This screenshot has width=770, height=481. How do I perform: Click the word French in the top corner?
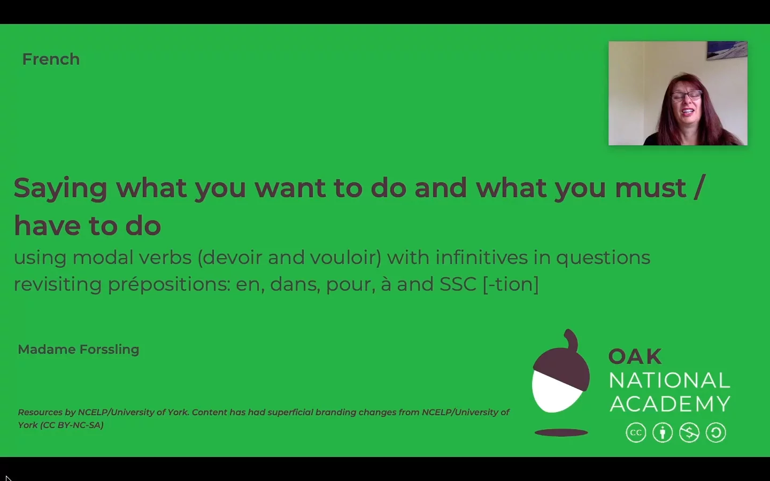[x=51, y=59]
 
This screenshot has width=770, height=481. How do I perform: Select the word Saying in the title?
[x=60, y=189]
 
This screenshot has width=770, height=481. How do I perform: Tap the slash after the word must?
[x=699, y=188]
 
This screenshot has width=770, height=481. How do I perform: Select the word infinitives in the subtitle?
[x=482, y=258]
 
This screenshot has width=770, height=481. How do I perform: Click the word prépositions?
[x=168, y=284]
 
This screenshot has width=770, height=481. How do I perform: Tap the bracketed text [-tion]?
[x=511, y=284]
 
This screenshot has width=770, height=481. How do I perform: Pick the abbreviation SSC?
[x=458, y=284]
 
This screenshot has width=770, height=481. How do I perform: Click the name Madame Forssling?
[x=79, y=350]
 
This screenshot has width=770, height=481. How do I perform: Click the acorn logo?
[x=560, y=374]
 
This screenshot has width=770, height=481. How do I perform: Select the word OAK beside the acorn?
[x=635, y=356]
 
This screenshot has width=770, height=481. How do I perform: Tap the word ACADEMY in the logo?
[x=670, y=404]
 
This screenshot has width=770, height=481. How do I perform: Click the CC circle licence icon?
[x=636, y=433]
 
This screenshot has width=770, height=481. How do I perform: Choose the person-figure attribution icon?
[x=663, y=433]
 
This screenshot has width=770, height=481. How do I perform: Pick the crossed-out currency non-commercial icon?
[x=689, y=433]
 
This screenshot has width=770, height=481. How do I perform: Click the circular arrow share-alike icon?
[x=716, y=433]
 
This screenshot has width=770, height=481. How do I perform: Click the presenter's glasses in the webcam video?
[x=686, y=96]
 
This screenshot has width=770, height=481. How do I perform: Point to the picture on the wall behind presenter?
[x=727, y=50]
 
